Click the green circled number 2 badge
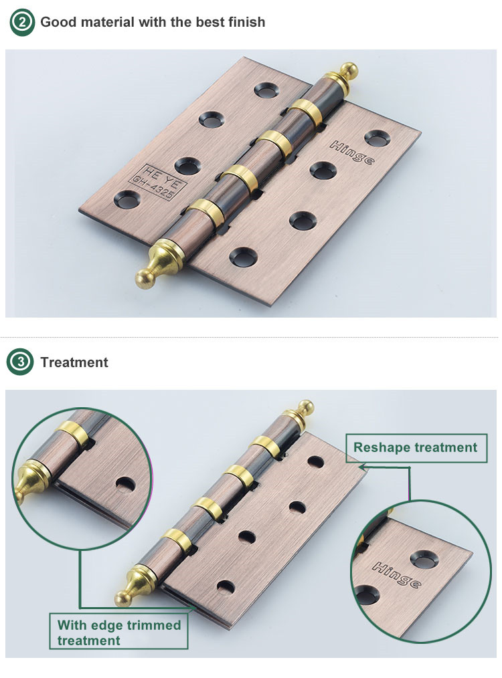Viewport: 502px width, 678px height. point(21,22)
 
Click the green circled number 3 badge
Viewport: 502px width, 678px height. point(20,362)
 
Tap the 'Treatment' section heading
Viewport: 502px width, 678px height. point(74,362)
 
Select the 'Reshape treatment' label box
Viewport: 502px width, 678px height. point(416,448)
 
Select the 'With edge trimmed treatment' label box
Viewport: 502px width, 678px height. point(118,631)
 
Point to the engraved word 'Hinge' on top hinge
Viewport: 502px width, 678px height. point(352,152)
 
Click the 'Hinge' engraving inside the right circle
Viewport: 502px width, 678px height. point(397,575)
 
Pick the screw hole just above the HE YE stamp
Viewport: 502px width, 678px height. point(188,166)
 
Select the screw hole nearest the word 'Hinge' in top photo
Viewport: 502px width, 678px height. point(378,138)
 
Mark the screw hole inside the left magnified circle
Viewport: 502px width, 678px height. point(126,485)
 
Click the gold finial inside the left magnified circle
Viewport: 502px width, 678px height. point(31,481)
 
